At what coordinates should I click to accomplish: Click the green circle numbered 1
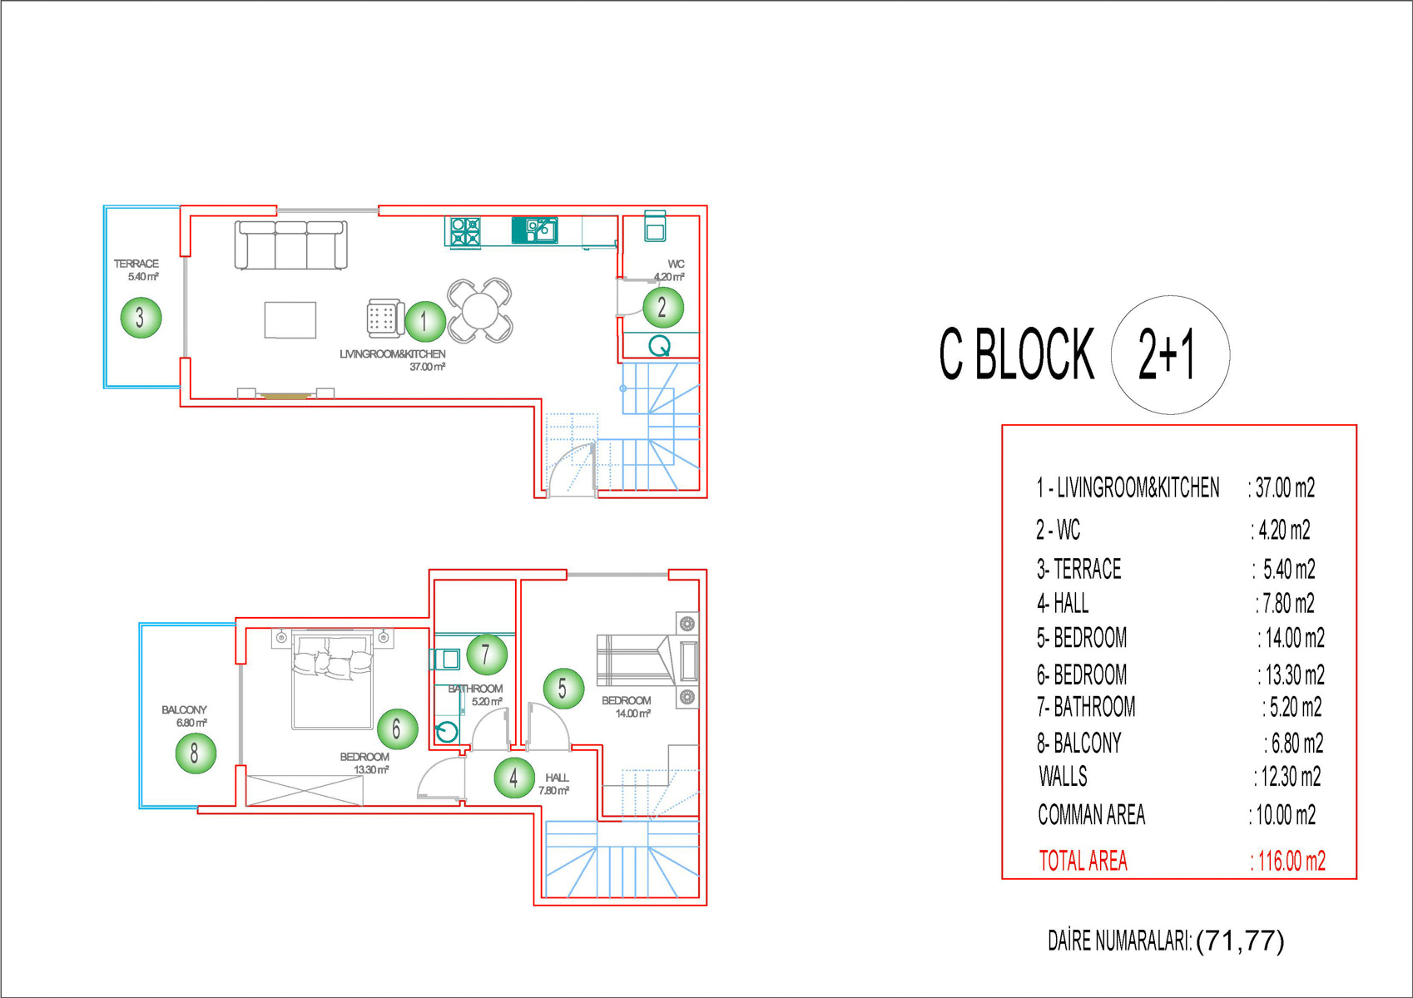click(x=425, y=322)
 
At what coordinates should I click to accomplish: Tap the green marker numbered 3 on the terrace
click(x=141, y=317)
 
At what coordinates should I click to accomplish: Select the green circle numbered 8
click(x=196, y=753)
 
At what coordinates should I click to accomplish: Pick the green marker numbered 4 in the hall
click(x=514, y=778)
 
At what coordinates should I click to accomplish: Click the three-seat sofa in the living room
click(x=290, y=245)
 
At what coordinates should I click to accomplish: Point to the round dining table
click(x=480, y=311)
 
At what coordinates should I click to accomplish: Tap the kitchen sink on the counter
click(x=534, y=230)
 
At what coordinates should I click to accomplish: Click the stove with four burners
click(x=465, y=231)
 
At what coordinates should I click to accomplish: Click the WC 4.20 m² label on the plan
click(x=671, y=270)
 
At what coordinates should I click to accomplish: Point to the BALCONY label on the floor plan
click(x=184, y=710)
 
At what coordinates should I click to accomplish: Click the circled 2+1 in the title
click(x=1170, y=354)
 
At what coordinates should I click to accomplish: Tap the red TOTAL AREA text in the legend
click(x=1083, y=862)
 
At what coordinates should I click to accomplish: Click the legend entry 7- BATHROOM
click(x=1086, y=707)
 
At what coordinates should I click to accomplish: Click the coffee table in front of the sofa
click(x=290, y=320)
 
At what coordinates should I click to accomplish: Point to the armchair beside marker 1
click(x=385, y=318)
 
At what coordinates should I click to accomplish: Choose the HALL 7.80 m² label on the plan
click(x=554, y=784)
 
